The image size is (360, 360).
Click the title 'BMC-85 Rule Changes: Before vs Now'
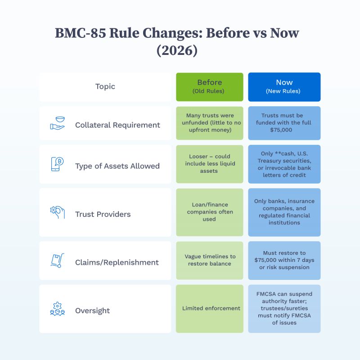coord(177,34)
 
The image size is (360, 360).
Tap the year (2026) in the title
coord(177,50)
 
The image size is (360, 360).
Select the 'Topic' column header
coord(105,86)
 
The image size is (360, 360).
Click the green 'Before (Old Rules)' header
coord(209,86)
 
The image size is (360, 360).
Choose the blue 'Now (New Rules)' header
coord(284,86)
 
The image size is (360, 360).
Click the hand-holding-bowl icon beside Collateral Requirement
coord(57,123)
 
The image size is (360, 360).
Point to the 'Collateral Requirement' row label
coord(117,125)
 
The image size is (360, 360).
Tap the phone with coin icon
coord(57,164)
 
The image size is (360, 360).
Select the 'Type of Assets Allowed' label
coord(117,166)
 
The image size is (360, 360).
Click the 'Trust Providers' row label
coord(103,214)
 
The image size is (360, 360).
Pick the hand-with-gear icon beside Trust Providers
coord(57,212)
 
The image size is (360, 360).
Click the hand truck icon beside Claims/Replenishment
coord(57,261)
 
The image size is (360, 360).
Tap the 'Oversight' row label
coord(92,310)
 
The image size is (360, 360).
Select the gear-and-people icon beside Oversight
coord(57,309)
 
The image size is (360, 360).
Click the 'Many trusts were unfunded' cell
coord(209,123)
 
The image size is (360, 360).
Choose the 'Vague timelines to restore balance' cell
coord(210,260)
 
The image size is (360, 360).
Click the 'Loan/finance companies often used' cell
coord(209,212)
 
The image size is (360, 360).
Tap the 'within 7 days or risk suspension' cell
coord(284,260)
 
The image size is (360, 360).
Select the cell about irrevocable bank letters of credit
coord(284,164)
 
